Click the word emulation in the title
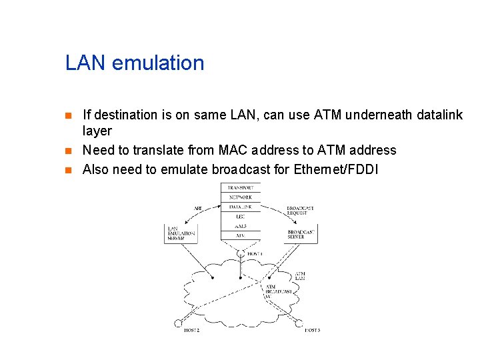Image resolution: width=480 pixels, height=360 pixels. pyautogui.click(x=159, y=63)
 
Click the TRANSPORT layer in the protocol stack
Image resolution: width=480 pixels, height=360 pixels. pyautogui.click(x=240, y=188)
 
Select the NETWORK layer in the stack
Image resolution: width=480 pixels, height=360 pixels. pyautogui.click(x=240, y=197)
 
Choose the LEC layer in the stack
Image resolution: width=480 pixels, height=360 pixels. pyautogui.click(x=240, y=217)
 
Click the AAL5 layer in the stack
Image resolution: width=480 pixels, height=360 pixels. pyautogui.click(x=240, y=226)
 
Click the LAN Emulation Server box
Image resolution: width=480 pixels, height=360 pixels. pyautogui.click(x=181, y=233)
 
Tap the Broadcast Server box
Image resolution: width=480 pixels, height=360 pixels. pyautogui.click(x=299, y=233)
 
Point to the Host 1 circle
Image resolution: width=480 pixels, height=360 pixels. pyautogui.click(x=241, y=254)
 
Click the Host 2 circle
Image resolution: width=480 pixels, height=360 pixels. pyautogui.click(x=178, y=324)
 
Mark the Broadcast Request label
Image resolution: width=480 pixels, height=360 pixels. pyautogui.click(x=300, y=211)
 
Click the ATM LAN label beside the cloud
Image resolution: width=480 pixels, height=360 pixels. pyautogui.click(x=300, y=275)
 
